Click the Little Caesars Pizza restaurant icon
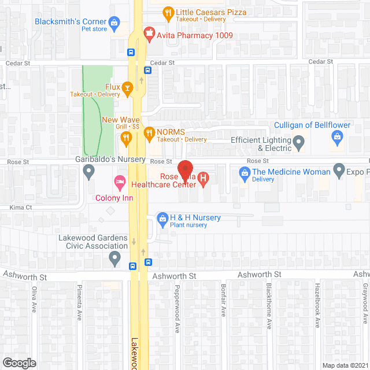tap(168, 12)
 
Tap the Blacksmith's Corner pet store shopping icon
tap(114, 24)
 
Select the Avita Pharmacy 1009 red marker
tap(150, 35)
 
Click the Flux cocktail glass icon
tap(128, 87)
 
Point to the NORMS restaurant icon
tap(149, 133)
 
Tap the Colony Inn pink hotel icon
tap(120, 183)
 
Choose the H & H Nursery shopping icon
tap(163, 218)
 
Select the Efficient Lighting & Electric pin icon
tap(298, 142)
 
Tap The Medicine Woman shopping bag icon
tap(245, 172)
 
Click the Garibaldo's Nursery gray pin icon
tap(88, 171)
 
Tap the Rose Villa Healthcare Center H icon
tap(203, 179)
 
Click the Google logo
tap(19, 362)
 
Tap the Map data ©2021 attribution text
tap(345, 365)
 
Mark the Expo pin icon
tap(340, 171)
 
